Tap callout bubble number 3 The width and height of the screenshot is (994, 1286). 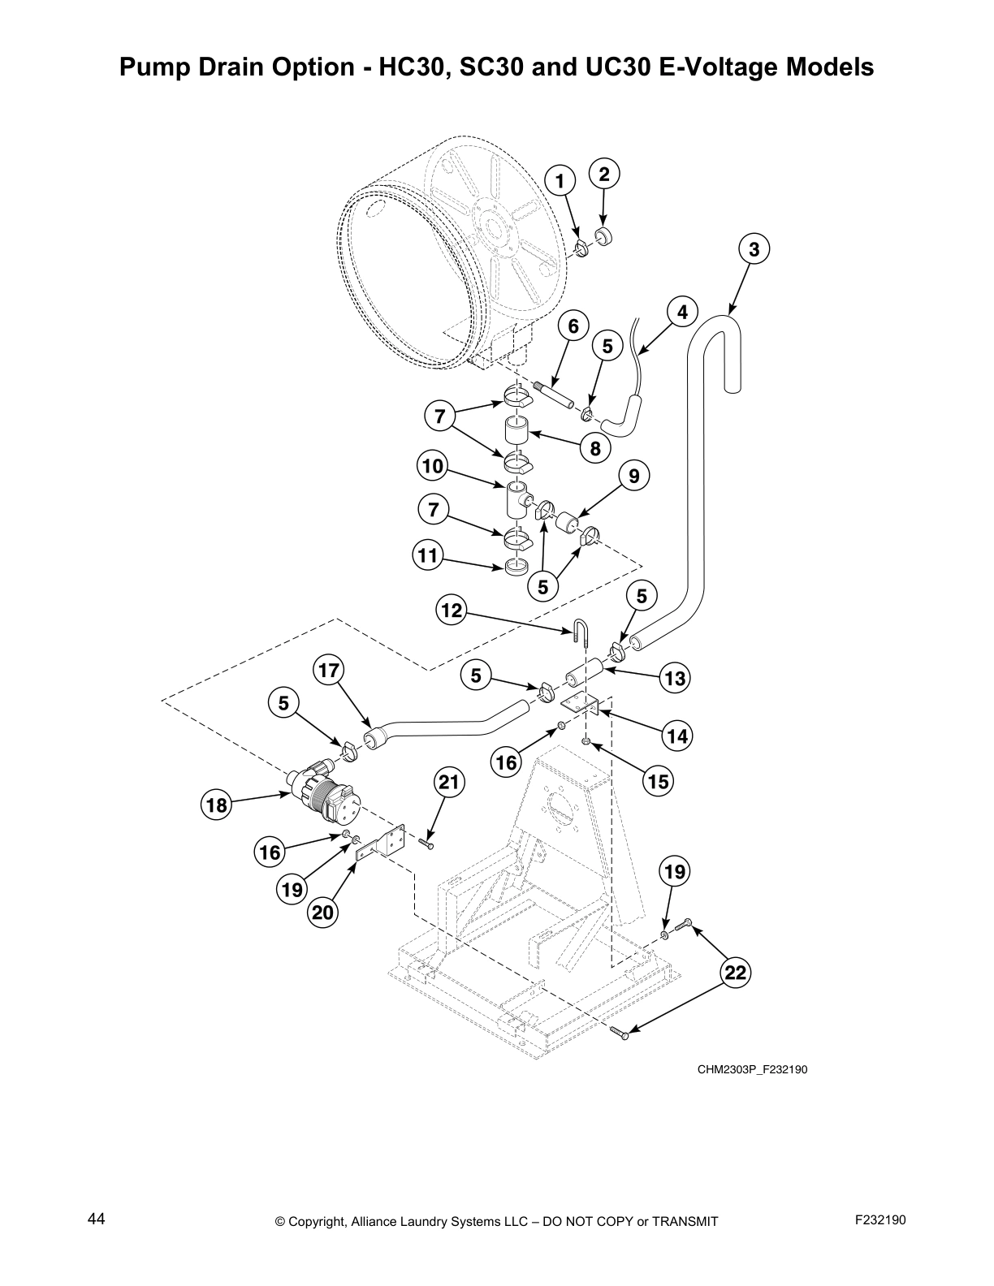coord(754,249)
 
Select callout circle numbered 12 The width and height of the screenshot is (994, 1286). coord(452,610)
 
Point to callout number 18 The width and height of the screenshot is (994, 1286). coord(216,805)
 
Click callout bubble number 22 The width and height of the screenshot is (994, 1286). coord(736,973)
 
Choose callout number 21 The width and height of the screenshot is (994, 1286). coord(449,783)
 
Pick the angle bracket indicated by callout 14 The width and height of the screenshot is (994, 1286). coord(582,704)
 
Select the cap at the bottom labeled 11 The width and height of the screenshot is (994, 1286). coord(516,566)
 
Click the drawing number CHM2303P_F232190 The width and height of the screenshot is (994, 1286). coord(752,1069)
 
